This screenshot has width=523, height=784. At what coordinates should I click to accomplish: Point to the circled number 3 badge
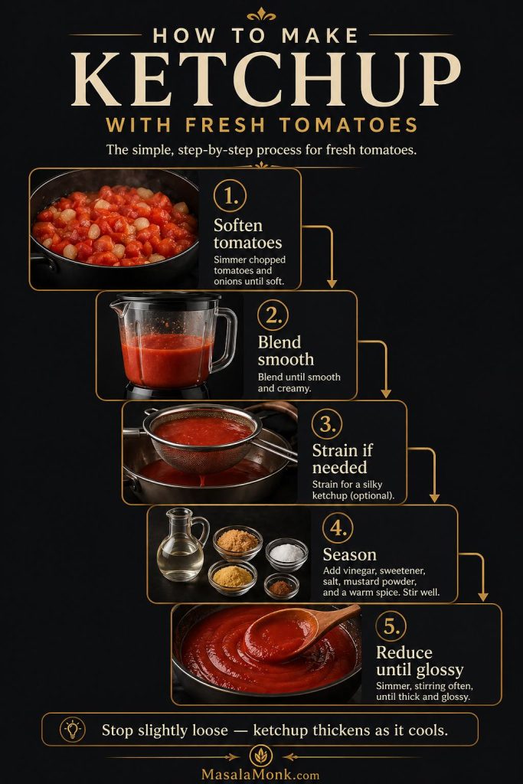click(327, 423)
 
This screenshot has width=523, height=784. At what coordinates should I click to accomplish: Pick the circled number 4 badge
click(338, 528)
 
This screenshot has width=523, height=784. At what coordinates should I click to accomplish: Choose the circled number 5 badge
click(391, 627)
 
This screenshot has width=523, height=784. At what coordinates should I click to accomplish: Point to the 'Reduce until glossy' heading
click(419, 661)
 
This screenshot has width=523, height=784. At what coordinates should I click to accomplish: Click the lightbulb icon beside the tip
click(72, 730)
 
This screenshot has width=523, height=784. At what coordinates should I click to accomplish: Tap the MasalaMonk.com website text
click(262, 773)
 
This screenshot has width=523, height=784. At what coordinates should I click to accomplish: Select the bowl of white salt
click(286, 554)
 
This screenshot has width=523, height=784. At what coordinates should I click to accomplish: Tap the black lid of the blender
click(165, 299)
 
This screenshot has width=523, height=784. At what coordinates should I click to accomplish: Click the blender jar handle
click(227, 341)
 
